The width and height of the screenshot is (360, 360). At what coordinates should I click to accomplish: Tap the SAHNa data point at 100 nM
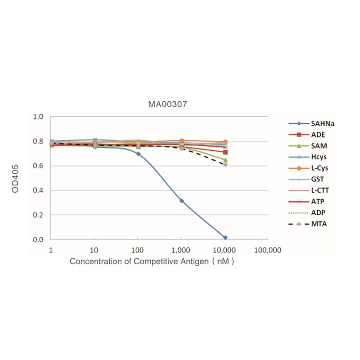(138, 154)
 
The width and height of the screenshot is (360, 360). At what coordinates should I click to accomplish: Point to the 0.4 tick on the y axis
(38, 191)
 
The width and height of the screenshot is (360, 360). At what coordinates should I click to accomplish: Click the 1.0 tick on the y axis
(38, 117)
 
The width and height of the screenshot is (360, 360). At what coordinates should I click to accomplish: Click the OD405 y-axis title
(16, 178)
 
